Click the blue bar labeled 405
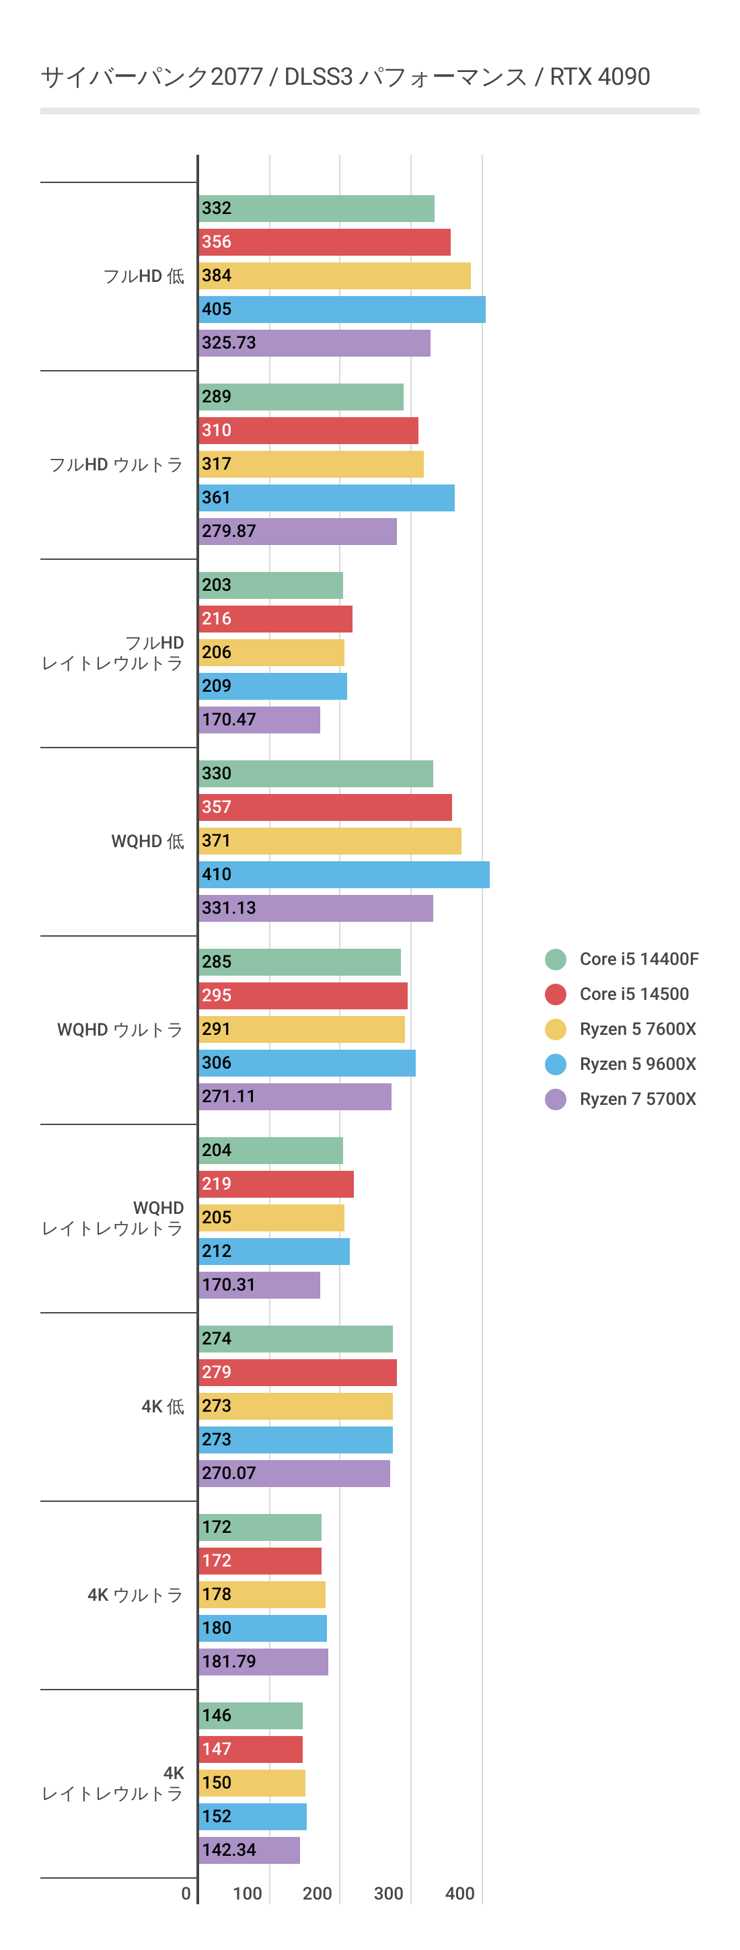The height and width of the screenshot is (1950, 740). click(342, 310)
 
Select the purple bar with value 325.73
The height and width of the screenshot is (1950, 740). click(315, 343)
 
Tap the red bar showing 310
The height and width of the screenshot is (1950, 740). click(309, 431)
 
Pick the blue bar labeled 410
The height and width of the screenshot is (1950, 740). click(344, 874)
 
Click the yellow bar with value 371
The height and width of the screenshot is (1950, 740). click(330, 841)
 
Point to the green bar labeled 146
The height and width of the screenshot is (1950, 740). click(250, 1715)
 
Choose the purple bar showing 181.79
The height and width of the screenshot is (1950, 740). click(263, 1661)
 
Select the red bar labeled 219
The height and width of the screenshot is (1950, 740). click(276, 1184)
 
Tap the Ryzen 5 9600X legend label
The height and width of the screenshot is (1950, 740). click(637, 1064)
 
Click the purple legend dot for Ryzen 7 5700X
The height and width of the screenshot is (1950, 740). click(556, 1099)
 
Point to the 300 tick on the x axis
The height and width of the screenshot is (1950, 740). click(388, 1893)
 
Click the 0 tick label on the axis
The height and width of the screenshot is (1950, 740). click(186, 1893)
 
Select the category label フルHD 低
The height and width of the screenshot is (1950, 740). click(144, 277)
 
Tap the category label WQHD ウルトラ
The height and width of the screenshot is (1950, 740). click(120, 1030)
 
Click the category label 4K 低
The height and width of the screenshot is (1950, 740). click(163, 1406)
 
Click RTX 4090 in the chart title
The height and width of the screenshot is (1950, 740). click(599, 77)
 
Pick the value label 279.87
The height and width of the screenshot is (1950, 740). click(229, 532)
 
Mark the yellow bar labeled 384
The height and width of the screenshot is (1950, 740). click(334, 276)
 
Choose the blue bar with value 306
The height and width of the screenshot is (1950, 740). click(307, 1063)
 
